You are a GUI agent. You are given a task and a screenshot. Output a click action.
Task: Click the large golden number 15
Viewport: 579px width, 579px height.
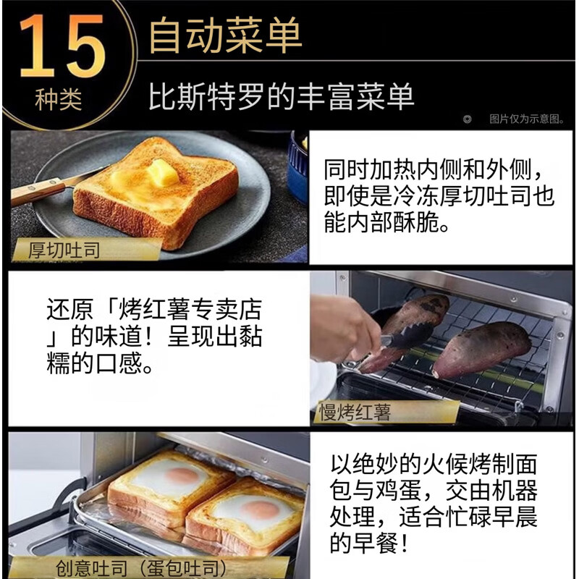pos(62,46)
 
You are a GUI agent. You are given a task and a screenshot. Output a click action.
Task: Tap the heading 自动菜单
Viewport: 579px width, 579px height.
pos(226,35)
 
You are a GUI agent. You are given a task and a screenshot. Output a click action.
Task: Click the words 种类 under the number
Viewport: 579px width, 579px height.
pos(59,99)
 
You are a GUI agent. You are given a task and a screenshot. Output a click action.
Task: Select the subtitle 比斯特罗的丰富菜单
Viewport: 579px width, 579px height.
pos(281,96)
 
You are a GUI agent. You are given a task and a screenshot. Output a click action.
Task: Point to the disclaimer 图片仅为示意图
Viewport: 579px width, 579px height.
pos(527,119)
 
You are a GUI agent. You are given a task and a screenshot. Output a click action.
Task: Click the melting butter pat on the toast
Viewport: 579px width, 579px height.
pos(163,172)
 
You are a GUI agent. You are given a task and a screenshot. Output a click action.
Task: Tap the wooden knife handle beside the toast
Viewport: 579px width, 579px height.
pos(36,191)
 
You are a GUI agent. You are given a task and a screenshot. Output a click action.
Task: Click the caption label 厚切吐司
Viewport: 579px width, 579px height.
pos(64,250)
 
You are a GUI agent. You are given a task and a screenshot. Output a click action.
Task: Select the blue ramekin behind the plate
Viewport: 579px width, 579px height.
pos(297,166)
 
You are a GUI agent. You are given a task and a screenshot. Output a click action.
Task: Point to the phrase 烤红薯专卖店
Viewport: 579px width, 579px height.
pos(190,310)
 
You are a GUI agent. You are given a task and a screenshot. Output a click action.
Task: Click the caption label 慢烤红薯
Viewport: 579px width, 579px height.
pos(355,413)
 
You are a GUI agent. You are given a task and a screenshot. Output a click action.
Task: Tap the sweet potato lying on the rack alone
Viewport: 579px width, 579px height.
pos(482,349)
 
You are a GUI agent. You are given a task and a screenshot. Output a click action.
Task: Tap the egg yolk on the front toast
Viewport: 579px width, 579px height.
pos(260,510)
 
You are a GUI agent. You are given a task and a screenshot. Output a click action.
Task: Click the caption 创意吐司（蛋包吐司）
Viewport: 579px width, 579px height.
pos(141,568)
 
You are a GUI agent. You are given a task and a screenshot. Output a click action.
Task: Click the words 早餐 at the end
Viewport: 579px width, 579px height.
pos(375,542)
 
